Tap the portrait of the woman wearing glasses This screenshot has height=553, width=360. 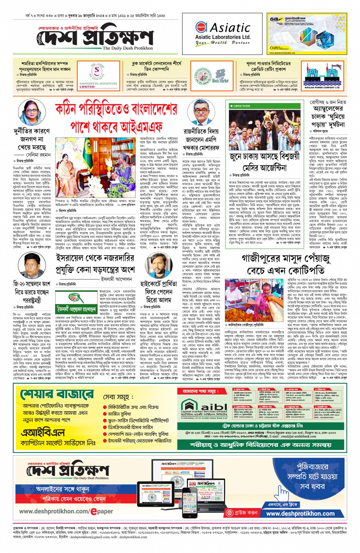pos(29,113)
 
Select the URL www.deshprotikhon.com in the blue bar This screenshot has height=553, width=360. pos(300,513)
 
